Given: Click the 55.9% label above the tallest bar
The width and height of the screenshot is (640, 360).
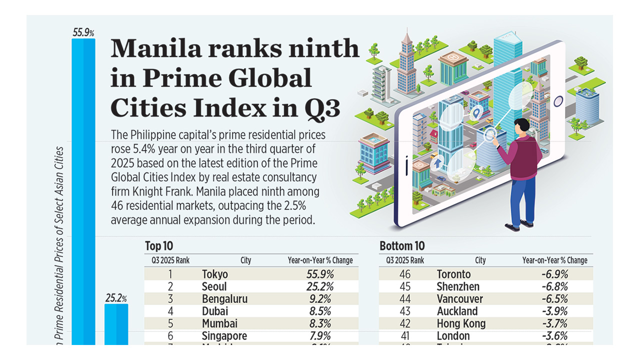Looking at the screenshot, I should pyautogui.click(x=83, y=33).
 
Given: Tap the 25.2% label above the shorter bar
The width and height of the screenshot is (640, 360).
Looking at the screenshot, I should pyautogui.click(x=116, y=298).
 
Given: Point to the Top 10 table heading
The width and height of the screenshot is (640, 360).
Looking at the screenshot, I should pyautogui.click(x=159, y=246).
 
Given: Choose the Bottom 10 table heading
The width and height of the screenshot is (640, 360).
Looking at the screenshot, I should pyautogui.click(x=401, y=246).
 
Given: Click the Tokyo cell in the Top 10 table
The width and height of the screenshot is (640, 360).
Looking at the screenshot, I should pyautogui.click(x=215, y=274).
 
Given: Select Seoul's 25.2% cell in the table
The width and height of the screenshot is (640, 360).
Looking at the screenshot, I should pyautogui.click(x=320, y=287).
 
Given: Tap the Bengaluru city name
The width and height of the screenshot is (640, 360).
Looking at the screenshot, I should pyautogui.click(x=224, y=299).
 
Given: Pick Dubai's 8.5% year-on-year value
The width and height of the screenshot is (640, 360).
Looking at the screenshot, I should pyautogui.click(x=320, y=311).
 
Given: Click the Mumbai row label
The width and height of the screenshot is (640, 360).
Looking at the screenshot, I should pyautogui.click(x=219, y=323).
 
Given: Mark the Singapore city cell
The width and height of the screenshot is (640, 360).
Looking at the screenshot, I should pyautogui.click(x=224, y=336).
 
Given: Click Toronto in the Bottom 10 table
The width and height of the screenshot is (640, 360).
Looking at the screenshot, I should pyautogui.click(x=453, y=274).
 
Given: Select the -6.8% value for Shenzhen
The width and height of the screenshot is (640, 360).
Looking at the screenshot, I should pyautogui.click(x=554, y=287).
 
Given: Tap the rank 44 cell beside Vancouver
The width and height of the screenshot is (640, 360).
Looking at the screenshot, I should pyautogui.click(x=405, y=299).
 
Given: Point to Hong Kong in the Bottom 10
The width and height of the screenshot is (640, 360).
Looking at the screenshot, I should pyautogui.click(x=461, y=323).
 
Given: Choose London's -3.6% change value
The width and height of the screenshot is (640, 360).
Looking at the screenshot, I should pyautogui.click(x=554, y=336).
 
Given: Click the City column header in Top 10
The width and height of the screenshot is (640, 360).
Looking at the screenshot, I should pyautogui.click(x=245, y=260).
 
